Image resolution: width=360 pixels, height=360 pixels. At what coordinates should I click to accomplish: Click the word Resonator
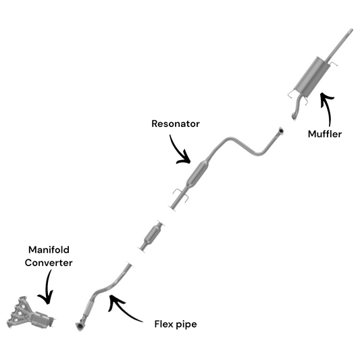point(176,124)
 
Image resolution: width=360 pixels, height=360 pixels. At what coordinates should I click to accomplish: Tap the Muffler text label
point(325,134)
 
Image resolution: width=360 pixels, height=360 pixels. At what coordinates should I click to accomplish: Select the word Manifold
point(49,250)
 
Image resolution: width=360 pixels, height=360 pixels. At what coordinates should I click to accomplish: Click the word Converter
point(49,263)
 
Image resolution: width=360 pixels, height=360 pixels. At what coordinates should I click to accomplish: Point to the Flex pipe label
point(176,324)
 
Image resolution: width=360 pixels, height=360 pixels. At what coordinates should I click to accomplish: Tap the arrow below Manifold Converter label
point(48,287)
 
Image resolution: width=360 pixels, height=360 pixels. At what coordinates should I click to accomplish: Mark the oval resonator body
point(197,174)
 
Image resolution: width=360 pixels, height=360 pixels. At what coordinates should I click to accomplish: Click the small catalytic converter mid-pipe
point(152,235)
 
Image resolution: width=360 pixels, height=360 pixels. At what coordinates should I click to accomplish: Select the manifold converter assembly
point(30,313)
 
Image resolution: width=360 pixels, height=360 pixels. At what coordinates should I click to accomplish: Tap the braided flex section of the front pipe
point(88,308)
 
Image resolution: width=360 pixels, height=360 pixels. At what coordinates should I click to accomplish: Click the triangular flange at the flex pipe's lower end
point(80,326)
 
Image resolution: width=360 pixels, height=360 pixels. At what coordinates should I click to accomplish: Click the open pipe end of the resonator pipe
point(280,130)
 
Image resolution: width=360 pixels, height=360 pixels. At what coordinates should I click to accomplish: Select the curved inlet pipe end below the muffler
point(294,116)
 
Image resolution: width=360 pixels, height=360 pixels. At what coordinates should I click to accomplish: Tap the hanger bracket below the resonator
point(181,195)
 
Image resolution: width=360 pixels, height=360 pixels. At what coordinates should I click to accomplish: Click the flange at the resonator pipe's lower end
point(172,208)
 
